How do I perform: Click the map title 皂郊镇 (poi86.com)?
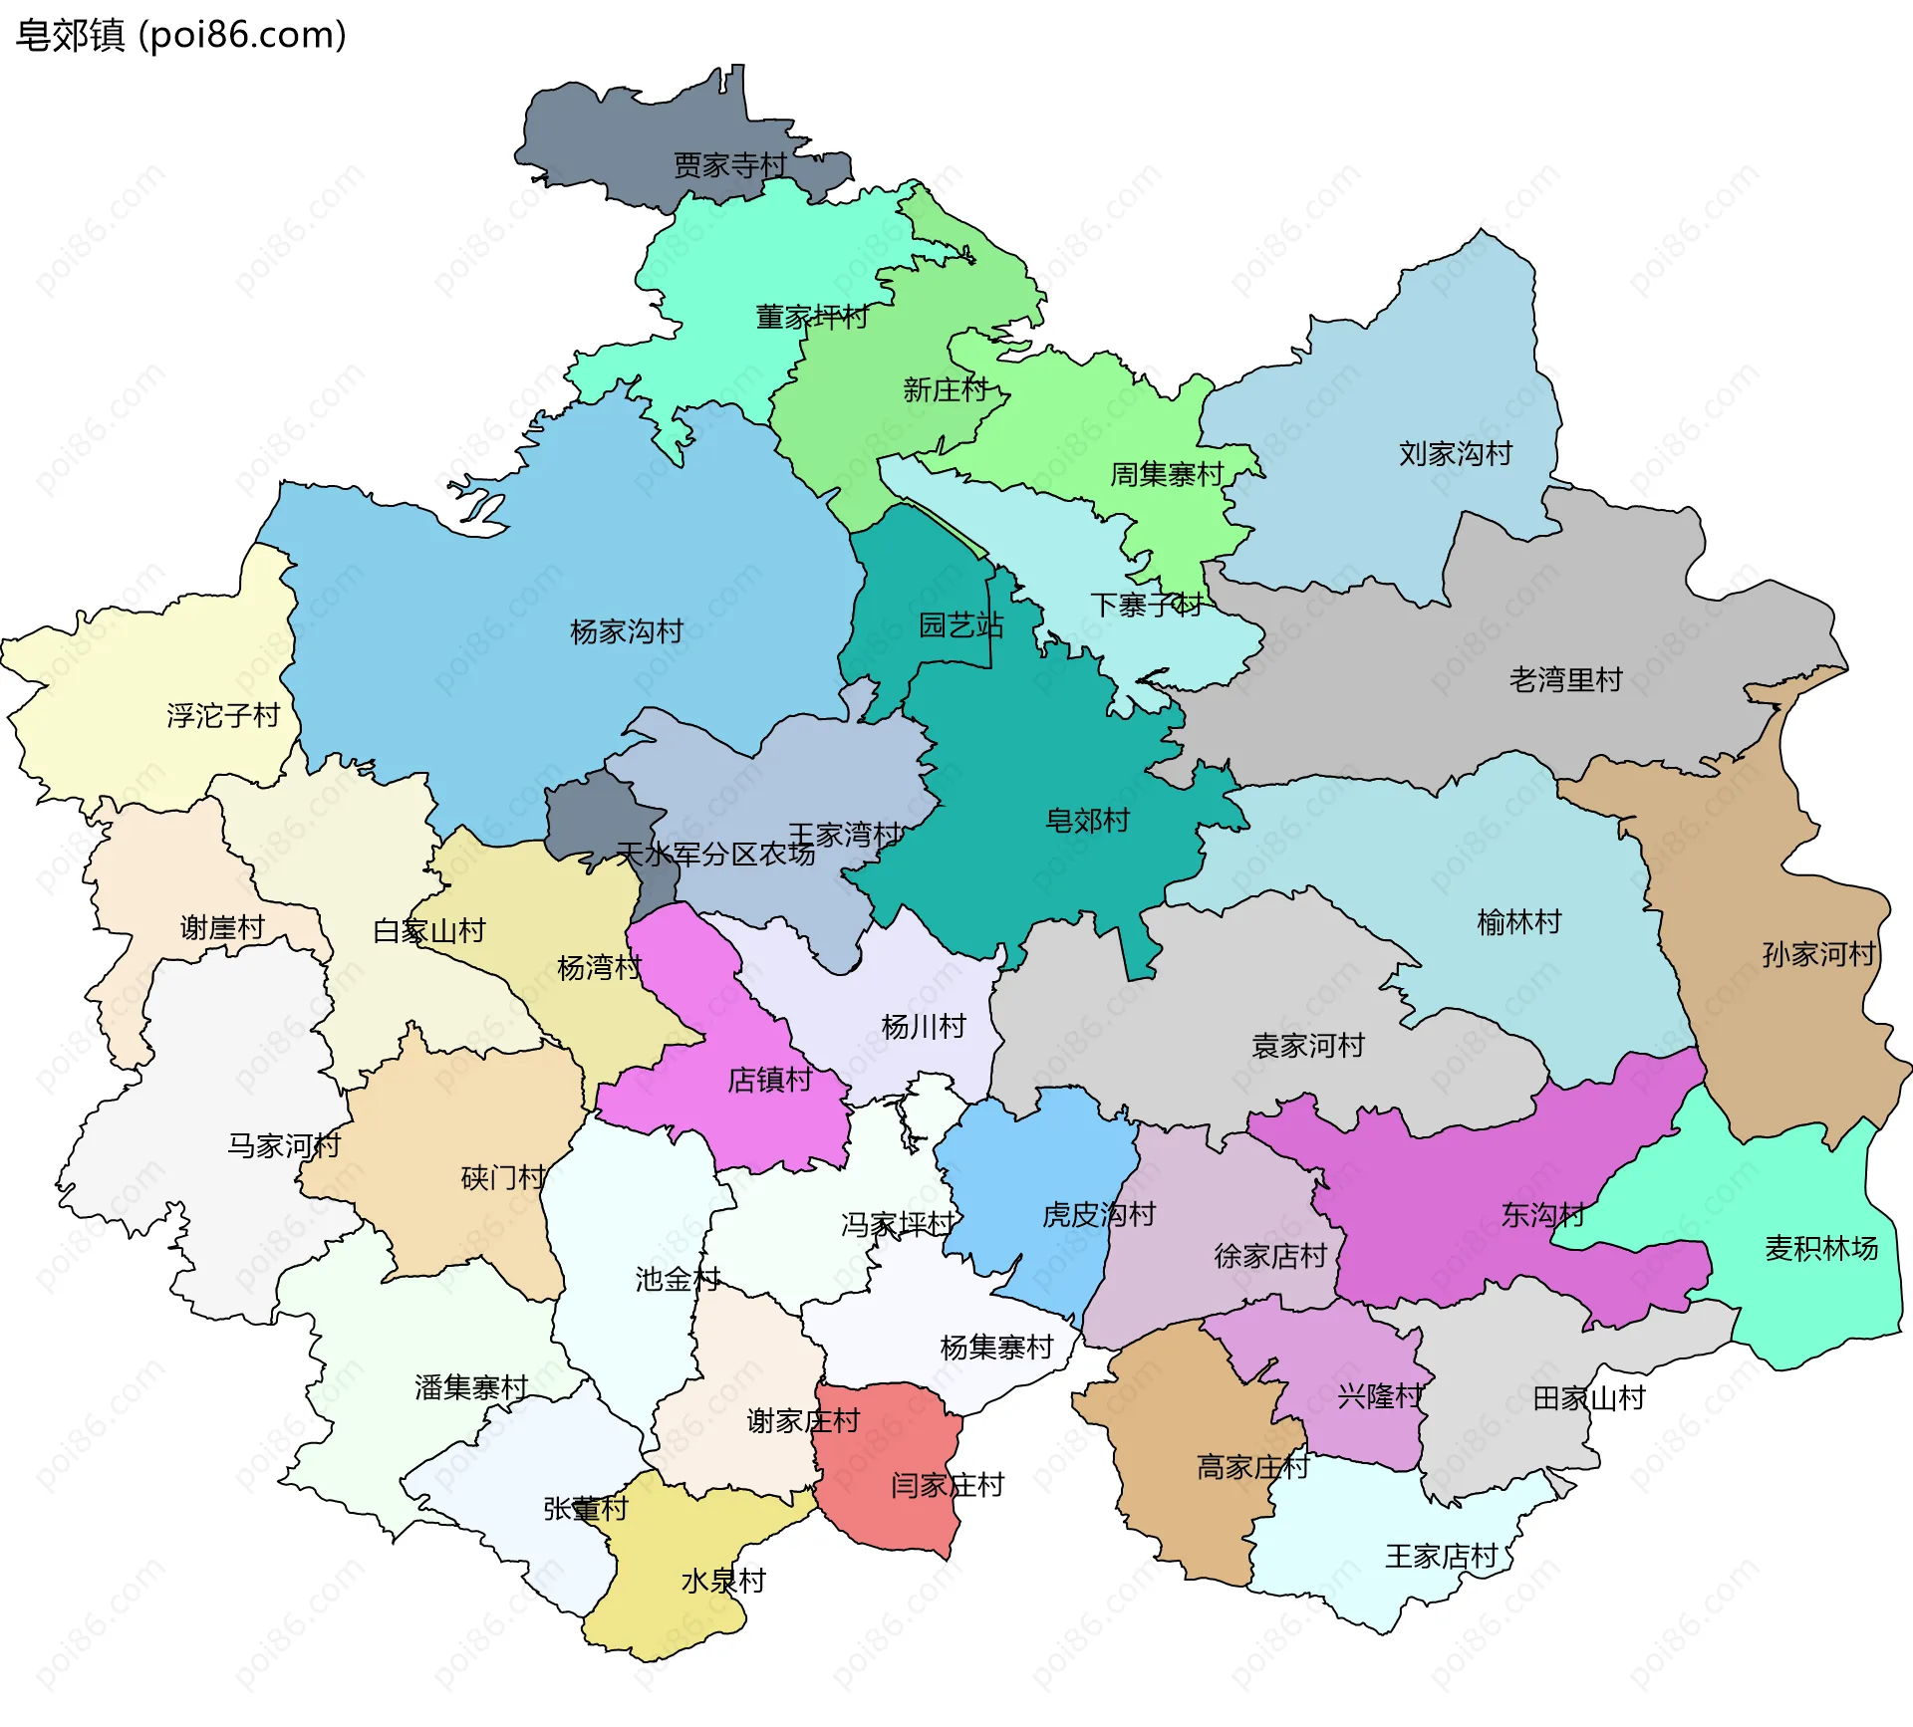181,35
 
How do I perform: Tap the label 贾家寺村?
730,165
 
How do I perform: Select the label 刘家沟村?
1456,454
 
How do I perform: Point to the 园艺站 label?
960,625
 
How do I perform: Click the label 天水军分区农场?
715,855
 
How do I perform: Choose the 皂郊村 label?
1087,821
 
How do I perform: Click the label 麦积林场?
1821,1248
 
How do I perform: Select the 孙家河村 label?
1819,954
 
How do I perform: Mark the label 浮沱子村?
223,715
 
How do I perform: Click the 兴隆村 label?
1380,1396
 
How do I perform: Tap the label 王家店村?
1442,1556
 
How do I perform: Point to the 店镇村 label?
770,1080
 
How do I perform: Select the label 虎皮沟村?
1099,1214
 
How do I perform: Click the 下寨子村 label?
1147,605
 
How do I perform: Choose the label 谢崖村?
222,928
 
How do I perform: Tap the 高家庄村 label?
1252,1467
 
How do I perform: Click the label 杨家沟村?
627,631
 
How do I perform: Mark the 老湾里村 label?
1566,680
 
